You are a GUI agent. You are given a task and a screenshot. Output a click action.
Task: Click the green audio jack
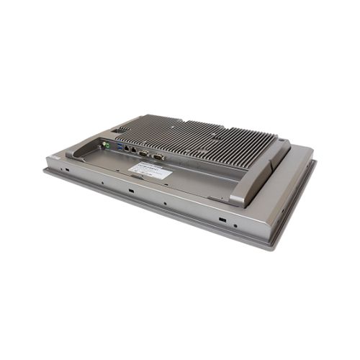[x=107, y=145]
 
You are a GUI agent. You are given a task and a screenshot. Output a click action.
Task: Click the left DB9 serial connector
[x=144, y=153]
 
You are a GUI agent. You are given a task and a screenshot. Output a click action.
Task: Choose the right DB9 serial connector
[x=158, y=156]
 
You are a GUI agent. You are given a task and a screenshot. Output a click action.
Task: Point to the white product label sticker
[x=150, y=171]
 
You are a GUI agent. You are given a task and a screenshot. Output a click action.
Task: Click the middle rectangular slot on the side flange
[x=131, y=191]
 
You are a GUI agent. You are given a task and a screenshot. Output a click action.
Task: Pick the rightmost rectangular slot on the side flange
[x=222, y=218]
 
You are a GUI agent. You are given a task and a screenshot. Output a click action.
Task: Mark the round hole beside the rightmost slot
[x=235, y=225]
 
